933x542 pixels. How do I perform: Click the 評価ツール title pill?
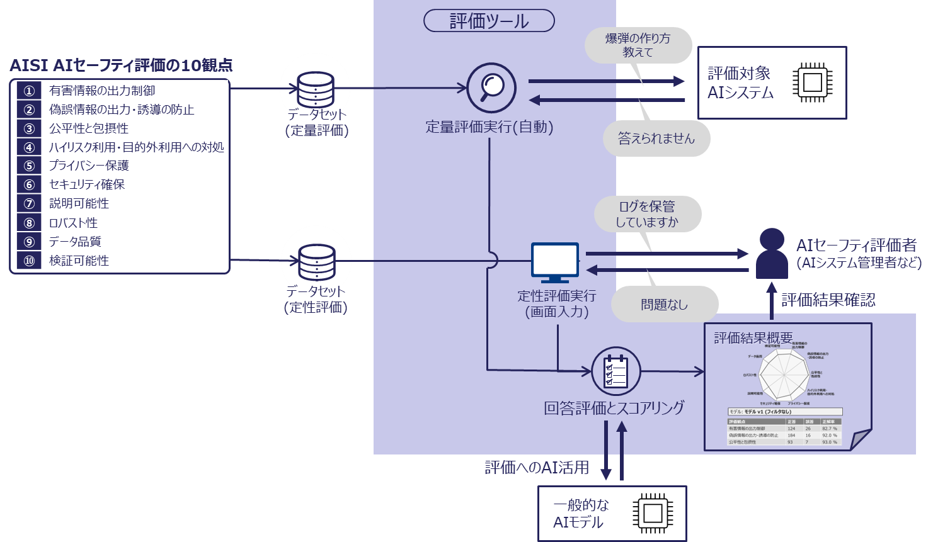tap(489, 21)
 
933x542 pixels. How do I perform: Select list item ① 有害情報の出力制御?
tap(101, 91)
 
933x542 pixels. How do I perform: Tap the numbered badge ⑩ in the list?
tap(29, 261)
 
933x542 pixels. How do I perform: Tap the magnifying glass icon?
tap(491, 88)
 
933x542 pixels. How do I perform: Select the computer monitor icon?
tap(554, 262)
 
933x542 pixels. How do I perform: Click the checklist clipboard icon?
tap(615, 371)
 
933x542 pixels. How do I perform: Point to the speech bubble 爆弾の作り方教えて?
tap(638, 45)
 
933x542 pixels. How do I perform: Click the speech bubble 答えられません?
tap(656, 138)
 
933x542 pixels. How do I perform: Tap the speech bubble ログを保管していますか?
tap(647, 214)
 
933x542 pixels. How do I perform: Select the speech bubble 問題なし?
tap(664, 305)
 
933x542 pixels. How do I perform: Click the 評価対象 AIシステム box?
tap(772, 82)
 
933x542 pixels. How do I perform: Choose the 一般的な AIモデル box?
tap(611, 513)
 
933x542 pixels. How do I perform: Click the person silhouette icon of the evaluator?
tap(772, 254)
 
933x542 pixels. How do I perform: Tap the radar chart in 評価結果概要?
tap(785, 375)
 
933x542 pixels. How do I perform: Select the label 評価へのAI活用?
tap(537, 468)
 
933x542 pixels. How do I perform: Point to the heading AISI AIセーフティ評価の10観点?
tap(121, 65)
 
